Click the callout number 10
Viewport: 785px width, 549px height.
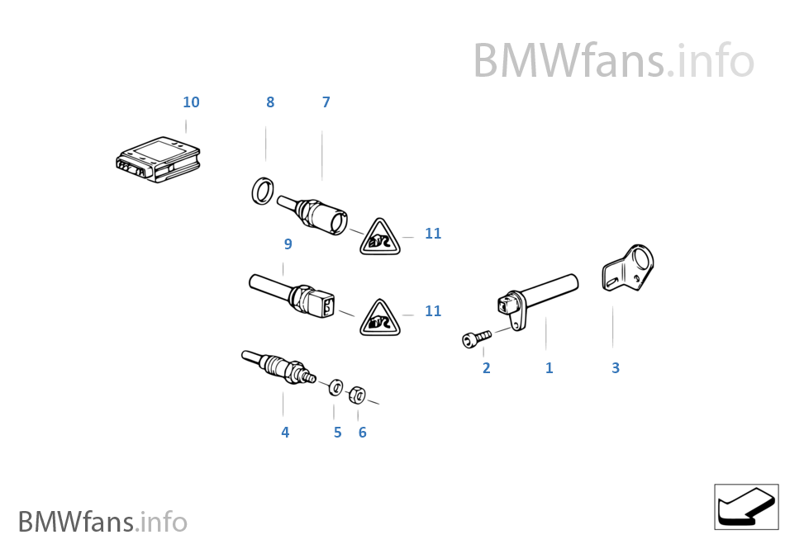(191, 102)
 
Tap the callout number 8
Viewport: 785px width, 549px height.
(270, 102)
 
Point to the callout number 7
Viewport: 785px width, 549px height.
(326, 102)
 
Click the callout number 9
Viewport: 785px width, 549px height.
(288, 244)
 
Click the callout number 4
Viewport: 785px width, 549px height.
(285, 432)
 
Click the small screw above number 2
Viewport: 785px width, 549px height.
(476, 338)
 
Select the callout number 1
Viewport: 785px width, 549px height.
(549, 368)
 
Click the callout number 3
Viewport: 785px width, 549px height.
(616, 368)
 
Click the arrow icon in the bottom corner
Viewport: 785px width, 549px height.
(746, 506)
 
